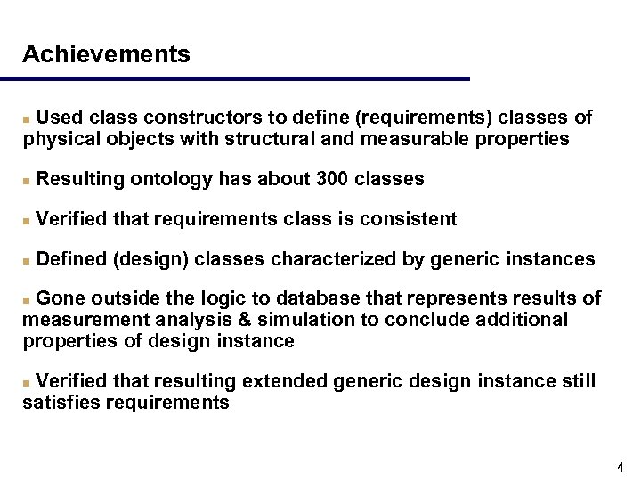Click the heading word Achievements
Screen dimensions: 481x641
[x=106, y=54]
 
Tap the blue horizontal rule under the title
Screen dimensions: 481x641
[x=245, y=79]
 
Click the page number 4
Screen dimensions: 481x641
[x=620, y=467]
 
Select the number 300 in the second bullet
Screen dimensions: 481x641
[x=332, y=179]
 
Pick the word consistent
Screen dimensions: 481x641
[x=408, y=219]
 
